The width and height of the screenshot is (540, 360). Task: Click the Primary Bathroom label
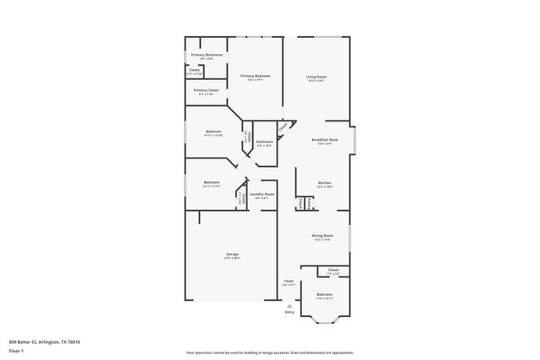(x=207, y=55)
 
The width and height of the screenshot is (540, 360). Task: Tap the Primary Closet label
(x=207, y=90)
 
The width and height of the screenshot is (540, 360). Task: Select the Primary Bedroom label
(x=255, y=77)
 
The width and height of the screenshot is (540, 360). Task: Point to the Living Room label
(x=316, y=77)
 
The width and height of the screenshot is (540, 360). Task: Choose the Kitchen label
(x=324, y=183)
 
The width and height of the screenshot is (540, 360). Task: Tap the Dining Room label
(x=322, y=235)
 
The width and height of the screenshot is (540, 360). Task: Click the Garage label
(x=232, y=254)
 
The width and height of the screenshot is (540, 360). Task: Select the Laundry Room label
(x=262, y=195)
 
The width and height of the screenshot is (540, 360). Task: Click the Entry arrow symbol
(x=289, y=304)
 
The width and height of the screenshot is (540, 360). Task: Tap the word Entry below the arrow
(x=289, y=312)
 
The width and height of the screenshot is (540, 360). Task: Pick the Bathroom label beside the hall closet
(x=265, y=142)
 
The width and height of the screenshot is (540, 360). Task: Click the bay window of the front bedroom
(x=325, y=320)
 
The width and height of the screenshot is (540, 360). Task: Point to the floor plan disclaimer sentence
(x=269, y=352)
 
